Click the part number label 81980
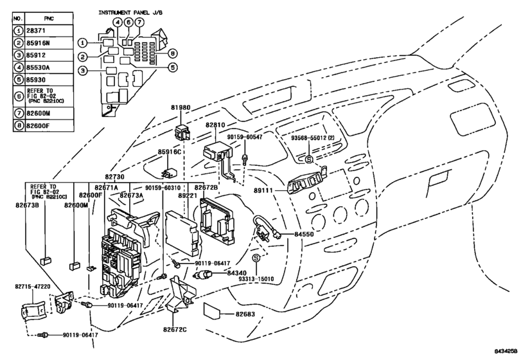[x=181, y=108]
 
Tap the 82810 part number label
[x=215, y=125]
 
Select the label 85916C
[x=169, y=152]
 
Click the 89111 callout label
[x=263, y=190]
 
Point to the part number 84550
[x=304, y=234]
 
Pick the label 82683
[x=245, y=314]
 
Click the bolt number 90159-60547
[x=245, y=137]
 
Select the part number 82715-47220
[x=33, y=286]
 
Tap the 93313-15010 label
[x=256, y=278]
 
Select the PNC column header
[x=49, y=19]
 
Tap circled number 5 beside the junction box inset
[x=172, y=67]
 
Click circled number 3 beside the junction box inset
[x=83, y=71]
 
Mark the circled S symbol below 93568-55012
[x=309, y=159]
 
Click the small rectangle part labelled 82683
[x=211, y=310]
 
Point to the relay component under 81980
[x=182, y=132]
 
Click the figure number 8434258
[x=506, y=351]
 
